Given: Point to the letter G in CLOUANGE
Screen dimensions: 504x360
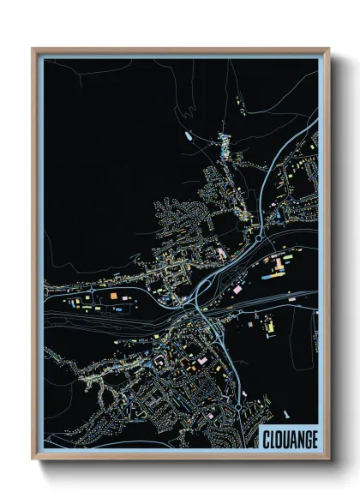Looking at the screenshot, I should (305, 438).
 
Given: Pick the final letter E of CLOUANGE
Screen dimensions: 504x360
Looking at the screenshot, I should (314, 438).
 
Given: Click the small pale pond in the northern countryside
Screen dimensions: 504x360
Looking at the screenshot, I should (186, 135).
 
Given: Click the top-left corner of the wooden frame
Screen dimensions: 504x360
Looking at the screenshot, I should (33, 49).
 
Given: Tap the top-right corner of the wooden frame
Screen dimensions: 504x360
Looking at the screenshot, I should (329, 49).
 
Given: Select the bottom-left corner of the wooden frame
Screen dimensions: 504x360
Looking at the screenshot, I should (33, 459).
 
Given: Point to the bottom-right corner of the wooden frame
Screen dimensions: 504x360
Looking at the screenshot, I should (329, 459).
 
